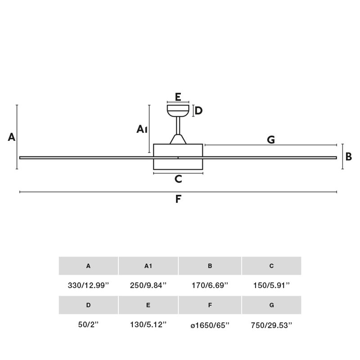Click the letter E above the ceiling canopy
click(178, 97)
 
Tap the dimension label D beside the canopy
click(198, 111)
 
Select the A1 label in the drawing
click(142, 129)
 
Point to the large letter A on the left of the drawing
click(12, 137)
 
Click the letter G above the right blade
click(271, 139)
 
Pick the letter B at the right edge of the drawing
click(348, 157)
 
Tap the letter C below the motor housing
click(178, 179)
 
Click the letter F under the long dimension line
click(178, 199)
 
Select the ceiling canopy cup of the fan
click(178, 111)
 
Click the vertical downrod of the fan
click(178, 126)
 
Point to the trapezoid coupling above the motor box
click(178, 139)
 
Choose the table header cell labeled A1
click(148, 266)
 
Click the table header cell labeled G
click(272, 305)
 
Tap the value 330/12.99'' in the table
click(88, 285)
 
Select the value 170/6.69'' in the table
click(210, 285)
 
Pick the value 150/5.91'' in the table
click(271, 285)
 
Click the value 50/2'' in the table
click(88, 324)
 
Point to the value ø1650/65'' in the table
click(210, 325)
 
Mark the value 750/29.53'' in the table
click(271, 325)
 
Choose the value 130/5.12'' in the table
click(148, 324)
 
